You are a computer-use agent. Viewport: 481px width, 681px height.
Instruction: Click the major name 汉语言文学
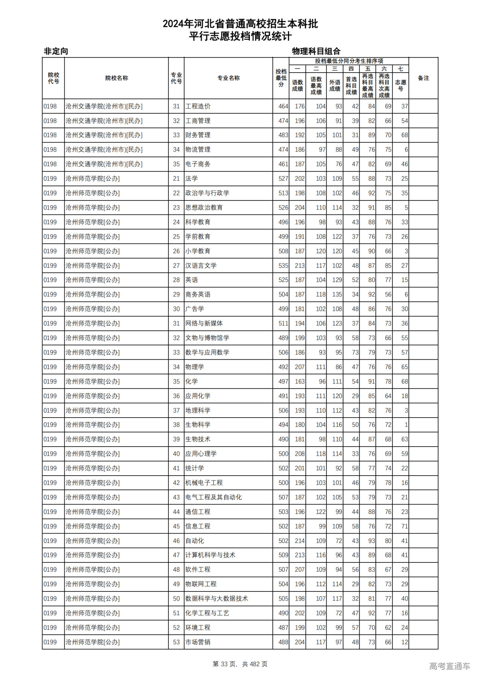[201, 266]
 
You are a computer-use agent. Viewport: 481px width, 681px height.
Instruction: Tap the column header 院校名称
[116, 78]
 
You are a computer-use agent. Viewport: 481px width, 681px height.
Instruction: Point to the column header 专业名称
[228, 78]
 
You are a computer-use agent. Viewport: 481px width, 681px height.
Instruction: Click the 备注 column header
[423, 78]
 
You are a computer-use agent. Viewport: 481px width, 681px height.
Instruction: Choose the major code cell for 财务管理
[176, 135]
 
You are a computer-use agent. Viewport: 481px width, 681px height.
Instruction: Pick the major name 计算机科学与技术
[210, 555]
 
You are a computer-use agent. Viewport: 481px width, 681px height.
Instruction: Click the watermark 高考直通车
[449, 666]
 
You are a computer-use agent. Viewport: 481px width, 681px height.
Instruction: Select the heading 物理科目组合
[316, 51]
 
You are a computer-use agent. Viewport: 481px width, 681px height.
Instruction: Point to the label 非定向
[56, 51]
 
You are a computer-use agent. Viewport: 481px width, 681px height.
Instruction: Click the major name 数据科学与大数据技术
[216, 599]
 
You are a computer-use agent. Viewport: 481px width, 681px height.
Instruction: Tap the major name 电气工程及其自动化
[213, 497]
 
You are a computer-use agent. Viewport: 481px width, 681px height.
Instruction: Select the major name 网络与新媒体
[204, 324]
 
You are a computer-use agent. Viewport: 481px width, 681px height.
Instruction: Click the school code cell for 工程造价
[50, 106]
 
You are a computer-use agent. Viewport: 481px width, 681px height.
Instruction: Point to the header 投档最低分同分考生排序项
[349, 61]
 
